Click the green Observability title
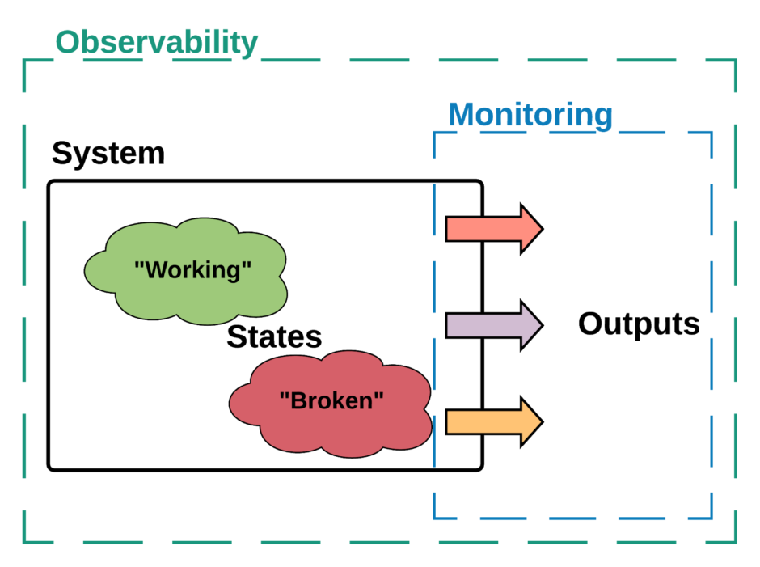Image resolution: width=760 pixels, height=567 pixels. [x=157, y=43]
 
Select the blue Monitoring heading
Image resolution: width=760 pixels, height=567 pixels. [x=530, y=115]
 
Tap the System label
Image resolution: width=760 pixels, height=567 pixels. [x=108, y=153]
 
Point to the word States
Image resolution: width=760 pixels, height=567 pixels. [x=274, y=336]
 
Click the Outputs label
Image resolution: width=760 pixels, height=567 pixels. [x=639, y=324]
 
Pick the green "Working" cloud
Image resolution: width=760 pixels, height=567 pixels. [x=186, y=271]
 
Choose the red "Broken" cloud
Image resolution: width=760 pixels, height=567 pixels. [x=331, y=404]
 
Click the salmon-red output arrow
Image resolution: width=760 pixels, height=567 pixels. [x=494, y=229]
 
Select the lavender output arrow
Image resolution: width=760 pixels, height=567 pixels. [x=494, y=325]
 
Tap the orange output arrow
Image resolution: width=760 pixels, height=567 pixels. [x=494, y=421]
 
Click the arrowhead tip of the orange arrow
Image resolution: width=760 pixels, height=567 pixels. [x=543, y=421]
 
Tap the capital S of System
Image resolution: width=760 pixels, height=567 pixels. [x=62, y=153]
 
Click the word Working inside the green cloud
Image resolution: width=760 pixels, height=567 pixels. [x=193, y=270]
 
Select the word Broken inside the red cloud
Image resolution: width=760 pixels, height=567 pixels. [x=331, y=400]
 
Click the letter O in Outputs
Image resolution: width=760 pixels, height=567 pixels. [x=591, y=324]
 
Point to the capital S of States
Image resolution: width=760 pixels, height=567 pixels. [x=237, y=336]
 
